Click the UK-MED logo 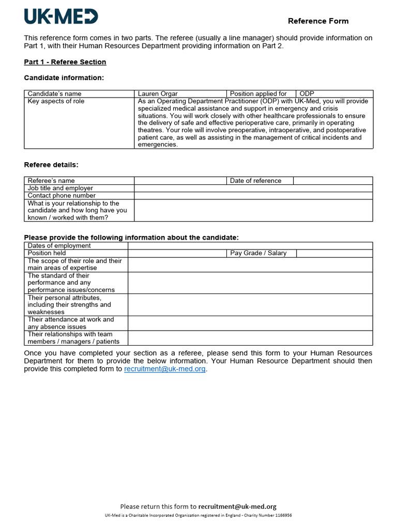61,17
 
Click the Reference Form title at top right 318,21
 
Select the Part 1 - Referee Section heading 65,62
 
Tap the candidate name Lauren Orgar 158,94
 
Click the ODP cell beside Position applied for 334,94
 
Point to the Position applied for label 258,94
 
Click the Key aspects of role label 56,101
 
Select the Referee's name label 51,180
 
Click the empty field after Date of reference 332,180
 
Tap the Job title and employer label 60,188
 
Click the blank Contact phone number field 253,196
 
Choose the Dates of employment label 59,245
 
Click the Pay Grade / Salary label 258,253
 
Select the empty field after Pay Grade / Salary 334,253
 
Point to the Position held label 47,253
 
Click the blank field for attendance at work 250,323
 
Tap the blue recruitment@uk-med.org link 165,369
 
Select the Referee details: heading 51,165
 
